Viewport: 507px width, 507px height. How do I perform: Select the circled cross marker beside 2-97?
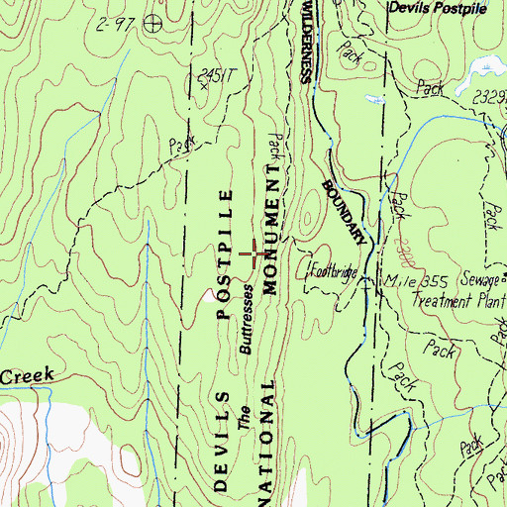click(152, 22)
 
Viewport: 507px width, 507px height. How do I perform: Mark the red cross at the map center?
click(256, 254)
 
